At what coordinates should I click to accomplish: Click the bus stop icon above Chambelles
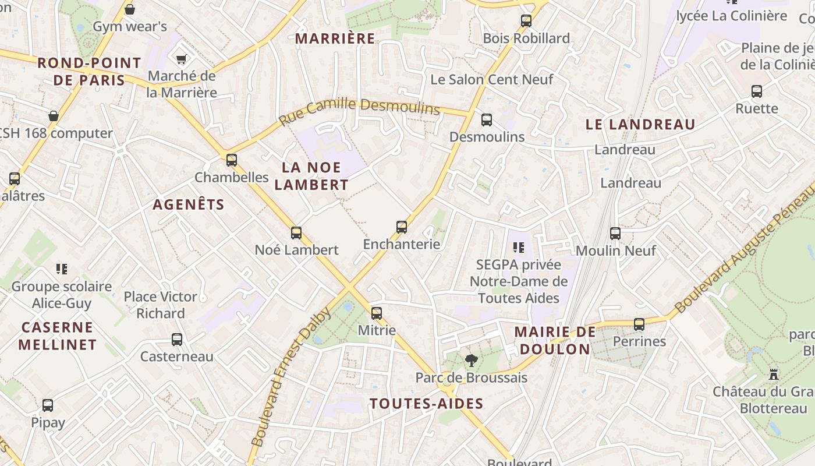(232, 160)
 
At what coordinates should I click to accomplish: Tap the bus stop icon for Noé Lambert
(296, 233)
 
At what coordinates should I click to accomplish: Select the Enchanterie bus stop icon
(402, 227)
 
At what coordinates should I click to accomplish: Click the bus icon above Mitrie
(377, 313)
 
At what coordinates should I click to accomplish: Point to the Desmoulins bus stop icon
(487, 120)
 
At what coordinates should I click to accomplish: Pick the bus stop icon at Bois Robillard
(526, 21)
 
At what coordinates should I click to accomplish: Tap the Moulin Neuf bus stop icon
(615, 234)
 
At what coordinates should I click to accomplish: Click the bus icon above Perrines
(639, 324)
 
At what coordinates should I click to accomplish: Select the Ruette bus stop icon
(757, 91)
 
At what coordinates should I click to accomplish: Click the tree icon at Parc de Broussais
(471, 361)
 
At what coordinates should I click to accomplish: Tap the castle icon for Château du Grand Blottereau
(774, 374)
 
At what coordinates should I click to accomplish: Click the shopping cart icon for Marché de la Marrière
(181, 59)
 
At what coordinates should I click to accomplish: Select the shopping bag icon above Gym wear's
(130, 9)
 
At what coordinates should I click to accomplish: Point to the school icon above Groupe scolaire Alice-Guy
(62, 269)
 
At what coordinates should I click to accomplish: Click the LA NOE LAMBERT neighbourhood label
(311, 176)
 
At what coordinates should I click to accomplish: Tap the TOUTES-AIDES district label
(426, 404)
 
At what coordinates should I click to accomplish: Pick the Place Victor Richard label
(161, 305)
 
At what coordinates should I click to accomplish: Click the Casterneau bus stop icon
(177, 340)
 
